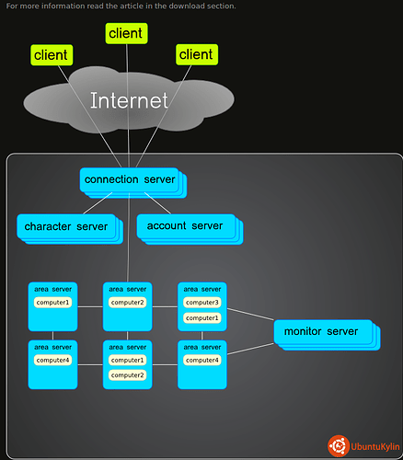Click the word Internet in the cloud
[x=129, y=100]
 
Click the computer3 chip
[x=202, y=303]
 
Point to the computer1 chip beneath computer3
[x=202, y=318]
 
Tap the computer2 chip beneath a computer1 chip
[x=127, y=375]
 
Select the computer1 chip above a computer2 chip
[x=127, y=360]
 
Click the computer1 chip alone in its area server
[x=52, y=303]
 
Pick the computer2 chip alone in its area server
[x=127, y=303]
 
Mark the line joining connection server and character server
[x=98, y=203]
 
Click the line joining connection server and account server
[x=157, y=203]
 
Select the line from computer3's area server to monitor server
[x=250, y=314]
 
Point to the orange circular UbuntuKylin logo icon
[x=339, y=446]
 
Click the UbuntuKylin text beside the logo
[x=375, y=446]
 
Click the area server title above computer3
[x=202, y=289]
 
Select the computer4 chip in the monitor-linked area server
[x=202, y=360]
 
